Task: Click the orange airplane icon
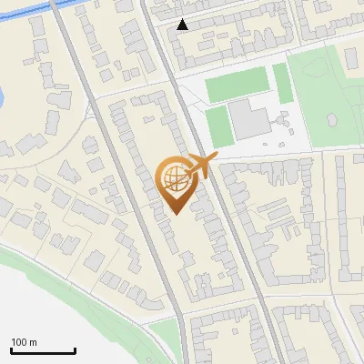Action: pos(203,166)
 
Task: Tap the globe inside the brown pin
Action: pos(175,180)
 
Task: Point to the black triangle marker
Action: pos(184,25)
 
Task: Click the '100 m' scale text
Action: pos(24,342)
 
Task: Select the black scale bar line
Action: pos(43,350)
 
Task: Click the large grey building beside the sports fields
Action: pos(248,120)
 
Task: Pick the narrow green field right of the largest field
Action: pos(283,83)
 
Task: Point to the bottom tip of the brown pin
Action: pos(176,214)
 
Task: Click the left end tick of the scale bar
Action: pos(12,349)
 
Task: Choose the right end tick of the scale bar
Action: pos(75,349)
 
